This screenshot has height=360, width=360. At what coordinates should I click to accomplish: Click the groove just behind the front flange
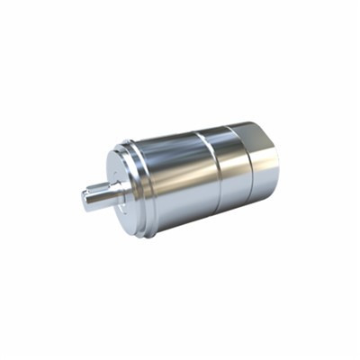(x=145, y=180)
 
